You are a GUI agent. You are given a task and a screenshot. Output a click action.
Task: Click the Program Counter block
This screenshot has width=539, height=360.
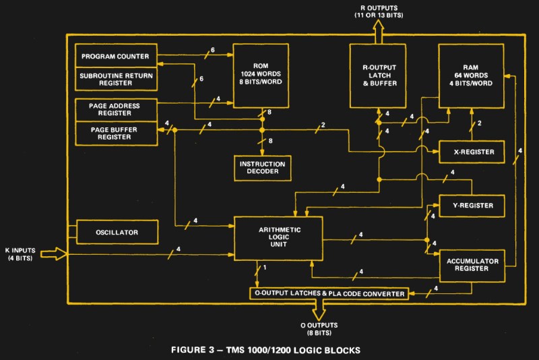(116, 56)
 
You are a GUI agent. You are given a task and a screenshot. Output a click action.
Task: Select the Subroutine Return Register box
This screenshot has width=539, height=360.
(116, 79)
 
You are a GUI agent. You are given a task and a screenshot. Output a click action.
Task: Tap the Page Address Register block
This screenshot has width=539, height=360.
(116, 110)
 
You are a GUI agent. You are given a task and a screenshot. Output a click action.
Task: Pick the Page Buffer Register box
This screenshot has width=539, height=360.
(116, 133)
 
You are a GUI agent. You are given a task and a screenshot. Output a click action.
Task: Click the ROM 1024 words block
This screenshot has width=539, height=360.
(261, 76)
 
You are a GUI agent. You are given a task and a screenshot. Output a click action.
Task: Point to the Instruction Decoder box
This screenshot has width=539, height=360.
(263, 168)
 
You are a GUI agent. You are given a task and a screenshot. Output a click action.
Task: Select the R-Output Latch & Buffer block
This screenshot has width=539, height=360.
(378, 76)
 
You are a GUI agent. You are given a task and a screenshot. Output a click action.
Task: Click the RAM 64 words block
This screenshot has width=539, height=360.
(471, 76)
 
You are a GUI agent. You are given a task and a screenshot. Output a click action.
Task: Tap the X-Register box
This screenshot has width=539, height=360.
(472, 152)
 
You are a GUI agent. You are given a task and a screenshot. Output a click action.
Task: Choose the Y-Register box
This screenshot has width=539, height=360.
(472, 206)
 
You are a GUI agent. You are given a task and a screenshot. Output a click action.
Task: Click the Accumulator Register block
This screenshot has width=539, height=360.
(472, 266)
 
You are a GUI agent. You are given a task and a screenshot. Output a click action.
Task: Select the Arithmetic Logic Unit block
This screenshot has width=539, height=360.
(278, 238)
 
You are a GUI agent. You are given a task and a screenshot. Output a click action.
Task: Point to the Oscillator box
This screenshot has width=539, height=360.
(117, 232)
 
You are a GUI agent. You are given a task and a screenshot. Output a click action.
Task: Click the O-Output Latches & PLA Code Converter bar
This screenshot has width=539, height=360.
(329, 293)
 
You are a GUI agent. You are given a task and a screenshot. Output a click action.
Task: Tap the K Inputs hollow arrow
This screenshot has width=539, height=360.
(54, 254)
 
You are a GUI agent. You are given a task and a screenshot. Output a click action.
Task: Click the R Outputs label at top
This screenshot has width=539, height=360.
(379, 11)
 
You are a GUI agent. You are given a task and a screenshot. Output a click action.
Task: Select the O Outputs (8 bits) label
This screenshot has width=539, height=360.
(319, 329)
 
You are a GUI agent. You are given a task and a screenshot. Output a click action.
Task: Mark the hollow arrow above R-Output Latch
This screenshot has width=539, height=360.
(378, 32)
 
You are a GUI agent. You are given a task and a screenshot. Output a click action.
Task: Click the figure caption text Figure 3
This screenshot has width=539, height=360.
(265, 350)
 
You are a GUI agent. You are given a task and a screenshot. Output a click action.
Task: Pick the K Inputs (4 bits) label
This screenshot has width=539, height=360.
(20, 254)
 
